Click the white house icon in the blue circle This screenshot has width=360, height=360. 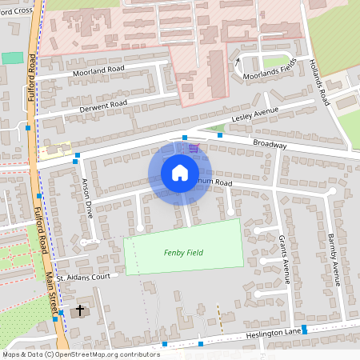point(180,173)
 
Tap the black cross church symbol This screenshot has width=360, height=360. point(80,310)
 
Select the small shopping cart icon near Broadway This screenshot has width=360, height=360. point(194,147)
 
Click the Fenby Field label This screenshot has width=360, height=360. point(183,253)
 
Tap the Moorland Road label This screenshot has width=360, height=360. point(100,72)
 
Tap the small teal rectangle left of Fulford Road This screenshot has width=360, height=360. point(12,58)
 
